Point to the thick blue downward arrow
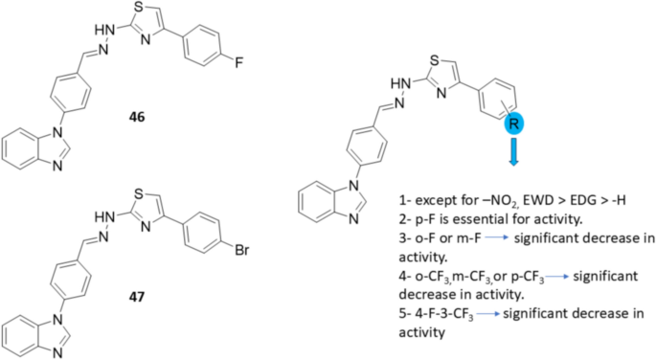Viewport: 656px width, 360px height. [513, 151]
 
